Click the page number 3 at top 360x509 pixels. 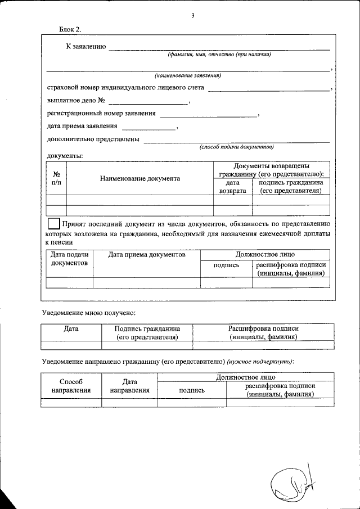point(192,16)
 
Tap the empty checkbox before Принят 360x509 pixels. point(55,223)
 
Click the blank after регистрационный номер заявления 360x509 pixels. point(208,114)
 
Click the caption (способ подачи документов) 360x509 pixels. point(236,147)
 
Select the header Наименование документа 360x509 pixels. point(140,178)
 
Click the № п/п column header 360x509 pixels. point(56,178)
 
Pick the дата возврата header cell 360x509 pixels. point(232,187)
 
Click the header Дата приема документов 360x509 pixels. point(147,255)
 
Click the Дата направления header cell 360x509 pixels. point(129,385)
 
